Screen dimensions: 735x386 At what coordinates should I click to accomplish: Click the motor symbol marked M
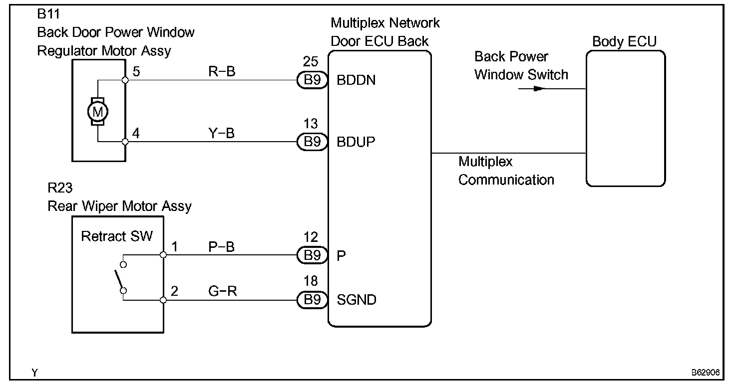98,112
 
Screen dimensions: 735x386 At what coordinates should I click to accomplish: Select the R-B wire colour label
222,71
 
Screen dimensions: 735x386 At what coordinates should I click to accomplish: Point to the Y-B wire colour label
222,133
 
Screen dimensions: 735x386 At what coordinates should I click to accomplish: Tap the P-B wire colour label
222,247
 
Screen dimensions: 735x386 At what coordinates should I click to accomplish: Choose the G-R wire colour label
223,291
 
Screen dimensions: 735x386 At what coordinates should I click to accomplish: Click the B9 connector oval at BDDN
312,80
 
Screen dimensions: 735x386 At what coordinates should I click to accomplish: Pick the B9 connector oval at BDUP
312,142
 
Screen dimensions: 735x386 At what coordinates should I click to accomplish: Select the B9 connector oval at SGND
312,300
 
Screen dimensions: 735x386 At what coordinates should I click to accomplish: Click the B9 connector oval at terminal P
312,255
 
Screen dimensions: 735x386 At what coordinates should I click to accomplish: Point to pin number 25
311,61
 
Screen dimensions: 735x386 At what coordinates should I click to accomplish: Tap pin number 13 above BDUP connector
311,124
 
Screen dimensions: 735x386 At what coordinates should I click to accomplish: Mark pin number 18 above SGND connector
311,281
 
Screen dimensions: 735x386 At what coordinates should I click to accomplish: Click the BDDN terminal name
356,80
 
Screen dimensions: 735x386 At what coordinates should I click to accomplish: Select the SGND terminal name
357,300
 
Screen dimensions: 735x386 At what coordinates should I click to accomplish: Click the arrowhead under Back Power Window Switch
539,88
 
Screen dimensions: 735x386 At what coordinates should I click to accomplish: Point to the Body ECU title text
625,41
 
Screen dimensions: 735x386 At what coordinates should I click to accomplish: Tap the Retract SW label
117,236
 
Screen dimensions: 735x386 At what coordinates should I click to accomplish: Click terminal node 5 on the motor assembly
125,80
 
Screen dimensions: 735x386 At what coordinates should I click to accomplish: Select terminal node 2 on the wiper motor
163,300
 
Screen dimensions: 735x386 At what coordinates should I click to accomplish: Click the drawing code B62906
706,372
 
